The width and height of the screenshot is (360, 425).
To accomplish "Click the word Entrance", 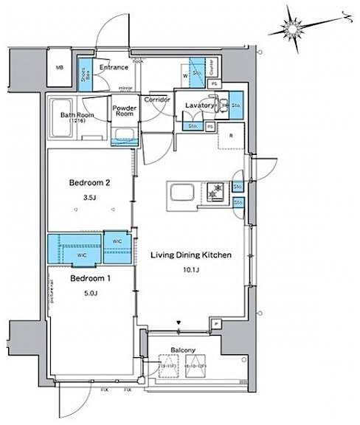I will pyautogui.click(x=114, y=67).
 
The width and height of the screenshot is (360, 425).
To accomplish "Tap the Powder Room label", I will pyautogui.click(x=125, y=111).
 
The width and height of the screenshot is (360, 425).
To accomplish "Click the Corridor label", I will pyautogui.click(x=157, y=99).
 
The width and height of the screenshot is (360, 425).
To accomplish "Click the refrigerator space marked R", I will pyautogui.click(x=231, y=136).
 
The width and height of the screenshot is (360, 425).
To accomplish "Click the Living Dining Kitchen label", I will pyautogui.click(x=191, y=255).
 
